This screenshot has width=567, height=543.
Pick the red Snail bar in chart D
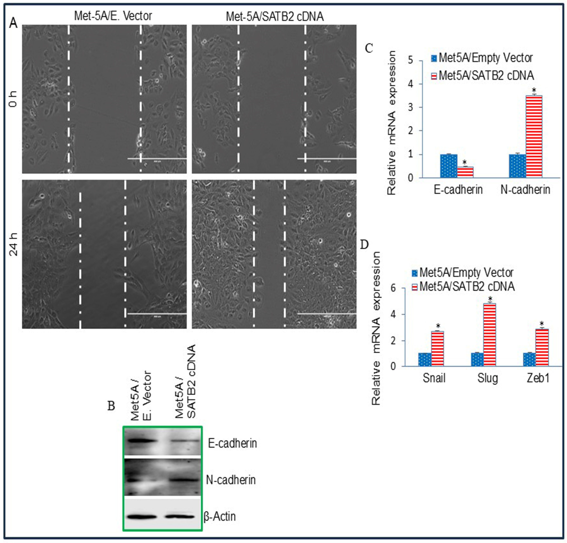pos(437,349)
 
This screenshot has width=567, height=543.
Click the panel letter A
pos(13,23)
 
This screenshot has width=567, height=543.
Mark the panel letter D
pos(364,245)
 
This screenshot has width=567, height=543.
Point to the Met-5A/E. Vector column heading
pos(113,16)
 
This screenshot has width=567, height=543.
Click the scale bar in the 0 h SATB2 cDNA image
pos(327,159)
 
